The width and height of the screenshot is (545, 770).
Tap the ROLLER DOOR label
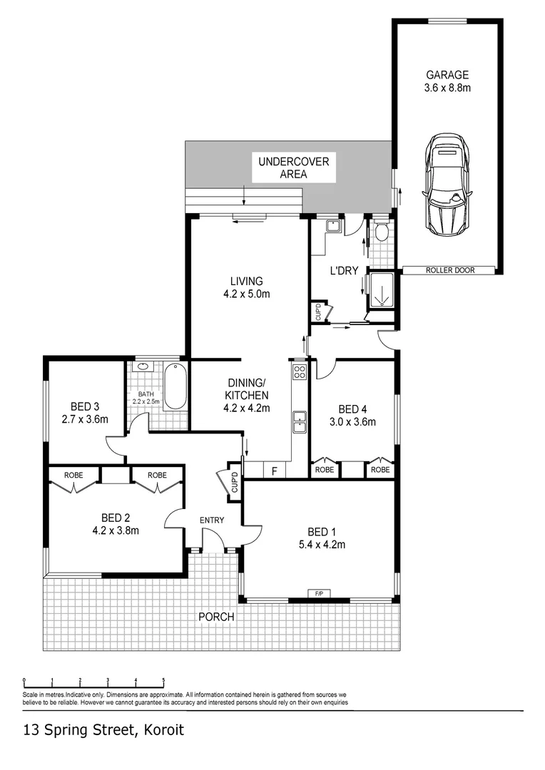click(x=449, y=270)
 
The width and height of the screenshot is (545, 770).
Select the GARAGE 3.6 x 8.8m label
click(x=447, y=81)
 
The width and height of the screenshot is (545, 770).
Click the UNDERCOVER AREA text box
click(x=293, y=168)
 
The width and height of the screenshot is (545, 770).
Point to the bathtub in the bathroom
click(x=175, y=386)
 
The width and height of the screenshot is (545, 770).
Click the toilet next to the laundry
click(x=381, y=231)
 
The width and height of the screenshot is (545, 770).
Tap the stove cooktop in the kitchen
click(x=300, y=371)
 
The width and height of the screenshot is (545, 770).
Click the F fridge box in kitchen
click(x=274, y=471)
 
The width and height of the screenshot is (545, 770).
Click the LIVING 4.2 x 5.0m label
click(x=246, y=287)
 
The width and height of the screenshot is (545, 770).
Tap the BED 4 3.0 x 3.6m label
click(x=352, y=414)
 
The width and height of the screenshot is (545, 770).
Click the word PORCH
click(x=216, y=617)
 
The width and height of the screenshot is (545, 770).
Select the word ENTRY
click(x=212, y=520)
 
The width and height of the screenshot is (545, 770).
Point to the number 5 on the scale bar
click(x=163, y=680)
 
